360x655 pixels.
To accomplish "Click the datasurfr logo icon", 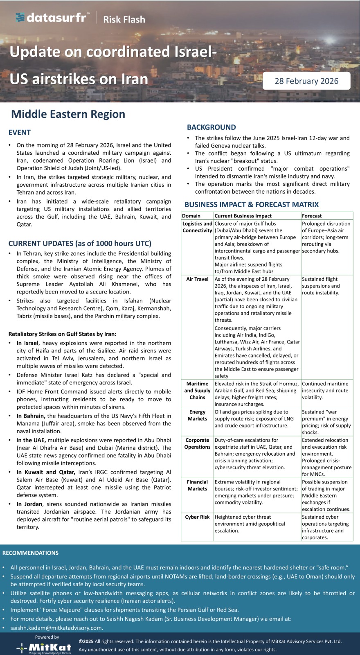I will [x=20, y=17].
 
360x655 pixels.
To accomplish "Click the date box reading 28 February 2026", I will [x=306, y=81].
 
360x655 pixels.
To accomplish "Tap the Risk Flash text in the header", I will [x=124, y=19].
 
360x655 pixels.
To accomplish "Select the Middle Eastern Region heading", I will [x=68, y=114].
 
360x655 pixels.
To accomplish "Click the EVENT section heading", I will [x=20, y=132].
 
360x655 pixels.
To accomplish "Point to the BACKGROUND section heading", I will [x=211, y=127].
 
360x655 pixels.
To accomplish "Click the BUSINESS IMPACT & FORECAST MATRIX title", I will [x=251, y=204].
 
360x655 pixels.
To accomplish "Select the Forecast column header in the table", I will [x=312, y=216].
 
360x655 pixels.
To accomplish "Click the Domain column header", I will [x=191, y=216].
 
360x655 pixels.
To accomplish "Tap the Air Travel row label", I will [x=197, y=279].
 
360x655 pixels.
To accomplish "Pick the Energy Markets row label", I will [x=197, y=415].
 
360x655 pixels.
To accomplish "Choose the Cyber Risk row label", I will [x=197, y=517].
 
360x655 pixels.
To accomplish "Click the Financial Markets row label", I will [x=197, y=485].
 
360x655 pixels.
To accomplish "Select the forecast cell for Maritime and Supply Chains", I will [x=325, y=391].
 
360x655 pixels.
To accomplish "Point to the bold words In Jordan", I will [x=29, y=504].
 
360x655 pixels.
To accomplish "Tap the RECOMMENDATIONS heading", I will [x=30, y=553].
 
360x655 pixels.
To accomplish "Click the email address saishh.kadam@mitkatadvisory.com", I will [x=56, y=628].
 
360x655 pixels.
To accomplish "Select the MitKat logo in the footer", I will [x=44, y=647].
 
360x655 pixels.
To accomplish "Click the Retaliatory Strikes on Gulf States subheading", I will [x=62, y=334].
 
